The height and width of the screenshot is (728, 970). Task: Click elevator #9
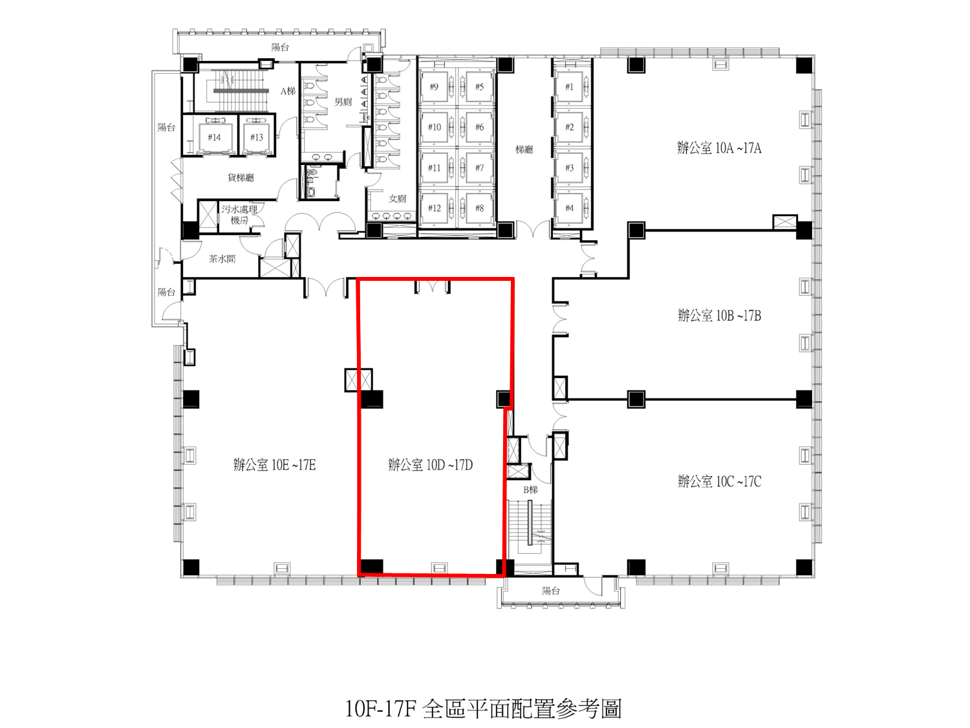[x=434, y=87]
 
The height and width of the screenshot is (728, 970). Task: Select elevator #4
[x=569, y=208]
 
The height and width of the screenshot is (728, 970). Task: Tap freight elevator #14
[x=214, y=137]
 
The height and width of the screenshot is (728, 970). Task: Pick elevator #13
[x=257, y=137]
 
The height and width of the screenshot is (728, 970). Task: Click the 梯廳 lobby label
[x=524, y=149]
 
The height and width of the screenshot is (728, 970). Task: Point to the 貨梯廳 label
[x=241, y=178]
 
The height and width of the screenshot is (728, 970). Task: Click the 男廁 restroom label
[x=343, y=102]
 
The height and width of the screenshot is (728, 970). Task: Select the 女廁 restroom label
[x=397, y=199]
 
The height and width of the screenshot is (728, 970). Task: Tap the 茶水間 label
[x=222, y=259]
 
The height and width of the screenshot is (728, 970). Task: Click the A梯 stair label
[x=288, y=91]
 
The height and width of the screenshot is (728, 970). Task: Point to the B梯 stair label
[x=531, y=490]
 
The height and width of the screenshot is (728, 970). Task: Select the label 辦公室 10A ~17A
[x=720, y=148]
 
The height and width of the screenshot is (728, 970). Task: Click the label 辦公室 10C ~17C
[x=720, y=481]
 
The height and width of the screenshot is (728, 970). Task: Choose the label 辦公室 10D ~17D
[x=431, y=465]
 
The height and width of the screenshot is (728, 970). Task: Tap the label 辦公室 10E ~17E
[x=274, y=465]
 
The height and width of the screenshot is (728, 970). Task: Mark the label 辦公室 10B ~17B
[x=720, y=315]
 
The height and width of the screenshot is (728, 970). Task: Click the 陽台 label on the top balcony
[x=280, y=47]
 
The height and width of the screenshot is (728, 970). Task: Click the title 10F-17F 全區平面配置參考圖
[x=483, y=709]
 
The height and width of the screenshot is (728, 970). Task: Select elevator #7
[x=479, y=168]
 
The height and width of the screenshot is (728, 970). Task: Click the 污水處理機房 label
[x=239, y=214]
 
